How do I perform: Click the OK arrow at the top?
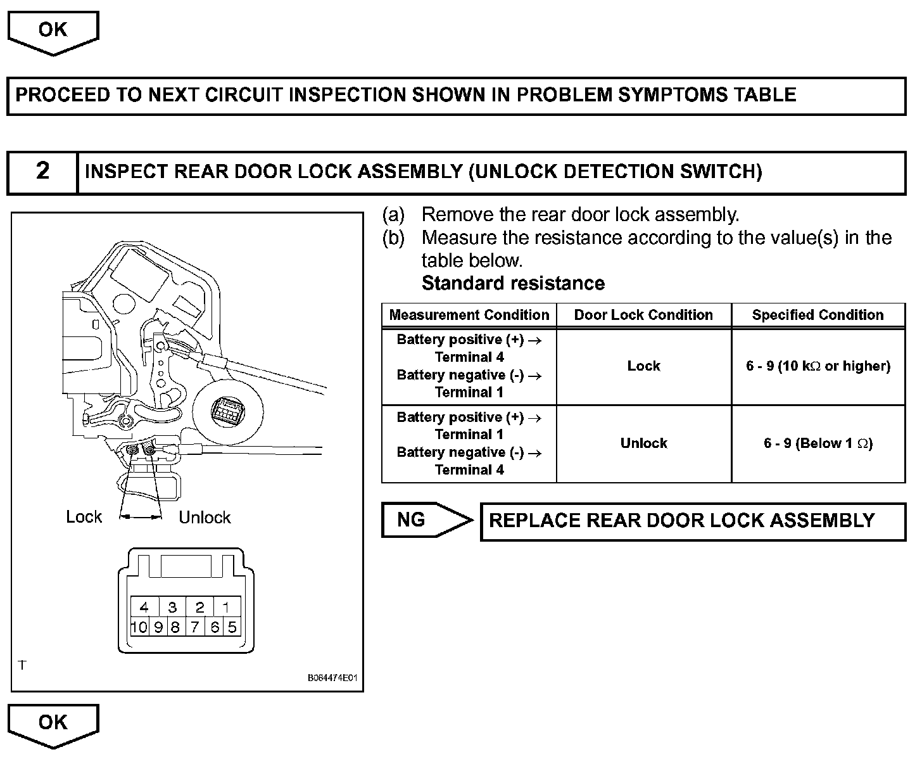click(x=53, y=31)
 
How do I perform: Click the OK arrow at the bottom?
click(x=53, y=724)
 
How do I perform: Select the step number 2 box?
click(x=42, y=172)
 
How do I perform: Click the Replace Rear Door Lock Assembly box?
click(x=693, y=521)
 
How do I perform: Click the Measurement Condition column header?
click(x=469, y=315)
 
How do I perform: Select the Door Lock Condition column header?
click(x=643, y=315)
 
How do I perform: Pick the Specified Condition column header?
click(x=818, y=315)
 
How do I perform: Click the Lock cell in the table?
click(x=643, y=366)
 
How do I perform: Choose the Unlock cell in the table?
click(x=643, y=443)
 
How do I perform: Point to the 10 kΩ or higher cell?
click(x=818, y=366)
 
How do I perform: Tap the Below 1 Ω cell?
click(x=818, y=443)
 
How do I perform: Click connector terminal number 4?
click(x=144, y=608)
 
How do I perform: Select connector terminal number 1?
click(x=226, y=608)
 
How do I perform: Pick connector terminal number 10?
click(x=139, y=627)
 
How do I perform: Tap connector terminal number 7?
click(x=195, y=627)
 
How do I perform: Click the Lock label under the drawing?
click(x=84, y=517)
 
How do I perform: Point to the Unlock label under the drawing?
click(x=205, y=518)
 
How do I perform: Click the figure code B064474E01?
click(x=332, y=678)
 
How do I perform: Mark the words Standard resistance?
click(x=513, y=283)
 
